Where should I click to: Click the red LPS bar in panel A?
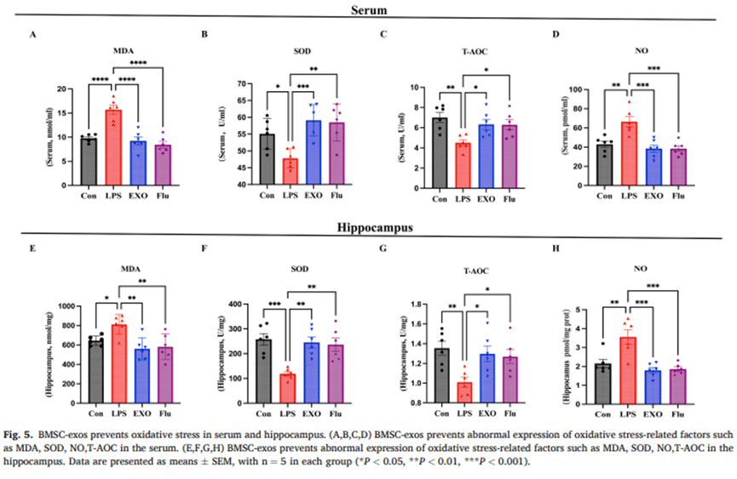point(112,148)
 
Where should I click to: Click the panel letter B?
point(204,35)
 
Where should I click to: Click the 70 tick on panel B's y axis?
point(241,84)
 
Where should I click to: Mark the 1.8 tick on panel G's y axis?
point(417,304)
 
